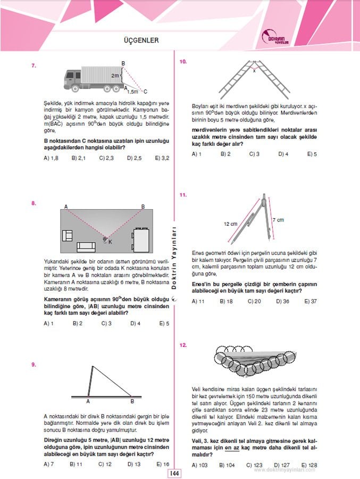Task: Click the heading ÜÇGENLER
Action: pyautogui.click(x=141, y=40)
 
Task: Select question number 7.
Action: pyautogui.click(x=34, y=66)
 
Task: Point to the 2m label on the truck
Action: pyautogui.click(x=114, y=76)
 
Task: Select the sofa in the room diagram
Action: pyautogui.click(x=86, y=246)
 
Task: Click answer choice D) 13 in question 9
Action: pyautogui.click(x=135, y=464)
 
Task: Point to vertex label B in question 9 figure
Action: pyautogui.click(x=132, y=401)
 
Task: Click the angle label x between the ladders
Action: pyautogui.click(x=254, y=70)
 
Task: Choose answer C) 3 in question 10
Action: pyautogui.click(x=254, y=154)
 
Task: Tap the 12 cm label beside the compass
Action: pyautogui.click(x=230, y=224)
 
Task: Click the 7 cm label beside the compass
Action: pyautogui.click(x=278, y=219)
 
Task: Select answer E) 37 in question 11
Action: pyautogui.click(x=311, y=301)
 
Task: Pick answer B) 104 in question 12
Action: pyautogui.click(x=225, y=465)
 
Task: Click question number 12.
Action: pyautogui.click(x=183, y=345)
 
